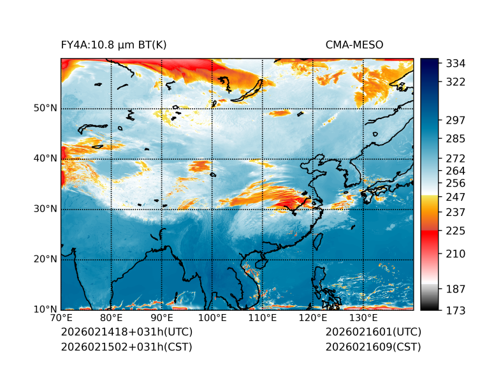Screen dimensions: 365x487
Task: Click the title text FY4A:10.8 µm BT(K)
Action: (x=113, y=45)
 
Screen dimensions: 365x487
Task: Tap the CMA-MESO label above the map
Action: (x=354, y=45)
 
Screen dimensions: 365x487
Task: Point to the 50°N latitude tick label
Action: (x=46, y=108)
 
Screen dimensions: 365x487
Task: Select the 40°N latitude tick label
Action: (x=46, y=159)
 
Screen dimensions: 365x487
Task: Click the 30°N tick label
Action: (x=46, y=209)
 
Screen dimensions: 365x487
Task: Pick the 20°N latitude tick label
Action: (x=46, y=259)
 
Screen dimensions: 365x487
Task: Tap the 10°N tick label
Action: (x=46, y=310)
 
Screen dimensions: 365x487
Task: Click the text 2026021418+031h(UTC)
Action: (x=126, y=332)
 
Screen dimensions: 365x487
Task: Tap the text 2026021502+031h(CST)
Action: (x=126, y=347)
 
